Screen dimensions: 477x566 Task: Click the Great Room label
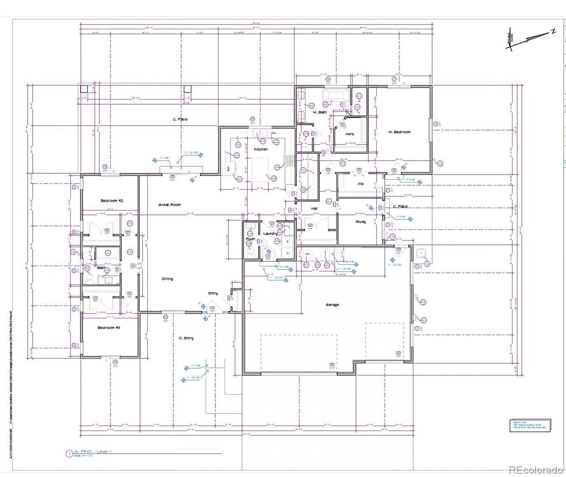coord(170,205)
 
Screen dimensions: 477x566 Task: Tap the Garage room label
coord(332,305)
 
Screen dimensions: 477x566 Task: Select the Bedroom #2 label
coord(111,201)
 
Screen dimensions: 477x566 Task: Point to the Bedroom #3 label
coord(109,328)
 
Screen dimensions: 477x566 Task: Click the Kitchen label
coord(261,149)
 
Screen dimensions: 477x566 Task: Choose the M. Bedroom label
coord(399,132)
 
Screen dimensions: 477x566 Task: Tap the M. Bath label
coord(320,112)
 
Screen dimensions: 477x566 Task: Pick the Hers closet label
coord(349,134)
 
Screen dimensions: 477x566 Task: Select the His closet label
coord(360,183)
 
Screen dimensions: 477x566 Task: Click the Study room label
coord(360,221)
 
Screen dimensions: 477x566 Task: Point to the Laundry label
coord(270,233)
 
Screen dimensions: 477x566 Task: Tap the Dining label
coord(168,279)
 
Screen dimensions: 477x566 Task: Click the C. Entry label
coord(186,338)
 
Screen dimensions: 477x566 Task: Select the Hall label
coord(314,208)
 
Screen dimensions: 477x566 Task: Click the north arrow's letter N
coord(553,31)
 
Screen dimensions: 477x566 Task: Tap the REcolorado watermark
coord(536,469)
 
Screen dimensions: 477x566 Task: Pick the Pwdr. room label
coord(251,239)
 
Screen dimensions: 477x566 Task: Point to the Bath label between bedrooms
coord(101,267)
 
